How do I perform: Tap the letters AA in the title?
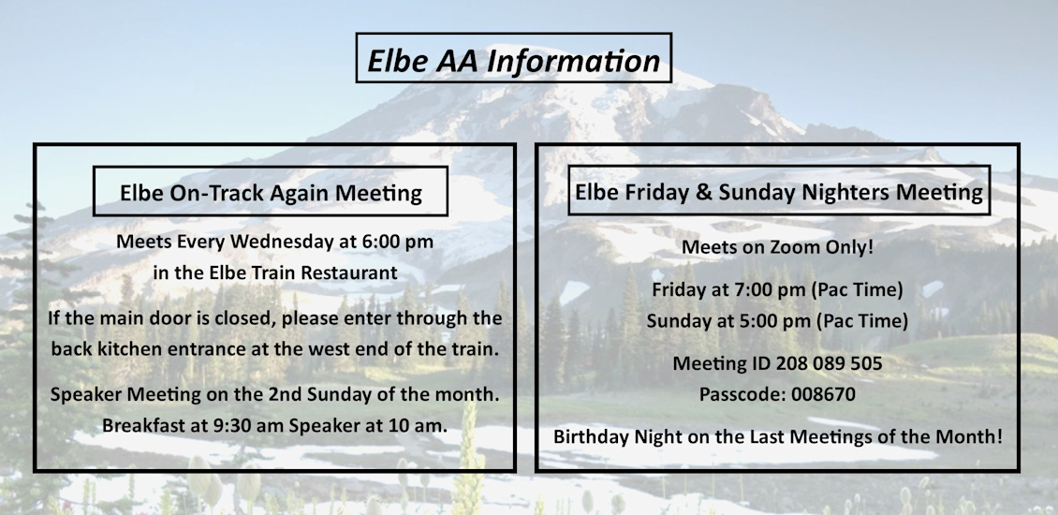[457, 61]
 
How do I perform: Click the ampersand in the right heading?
[704, 192]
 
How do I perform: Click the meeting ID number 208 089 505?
[829, 364]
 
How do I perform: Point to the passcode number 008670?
[823, 394]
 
